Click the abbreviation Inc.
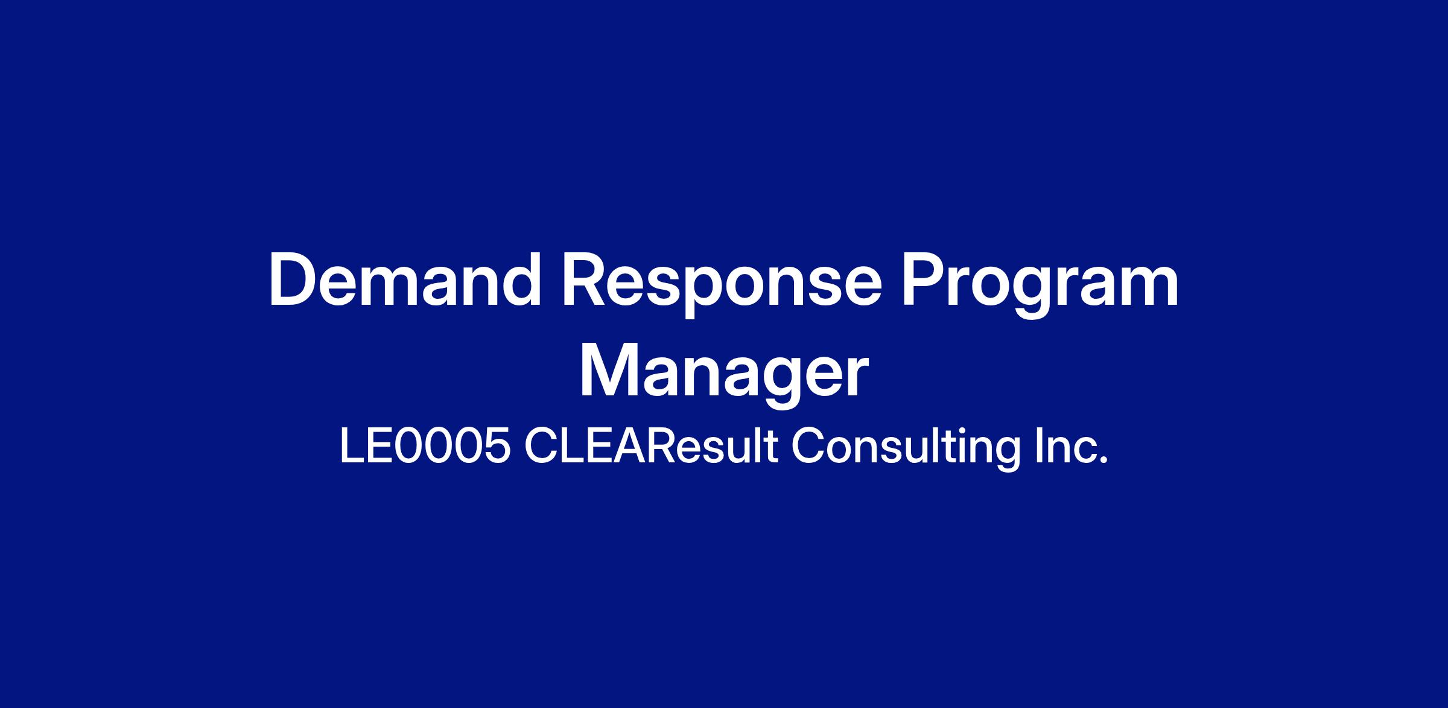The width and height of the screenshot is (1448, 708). [1072, 447]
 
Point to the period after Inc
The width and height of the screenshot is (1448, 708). [1104, 461]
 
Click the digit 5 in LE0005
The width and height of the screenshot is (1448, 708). [497, 447]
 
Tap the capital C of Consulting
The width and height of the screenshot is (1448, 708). [809, 447]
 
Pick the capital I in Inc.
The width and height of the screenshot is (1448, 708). [1038, 447]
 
